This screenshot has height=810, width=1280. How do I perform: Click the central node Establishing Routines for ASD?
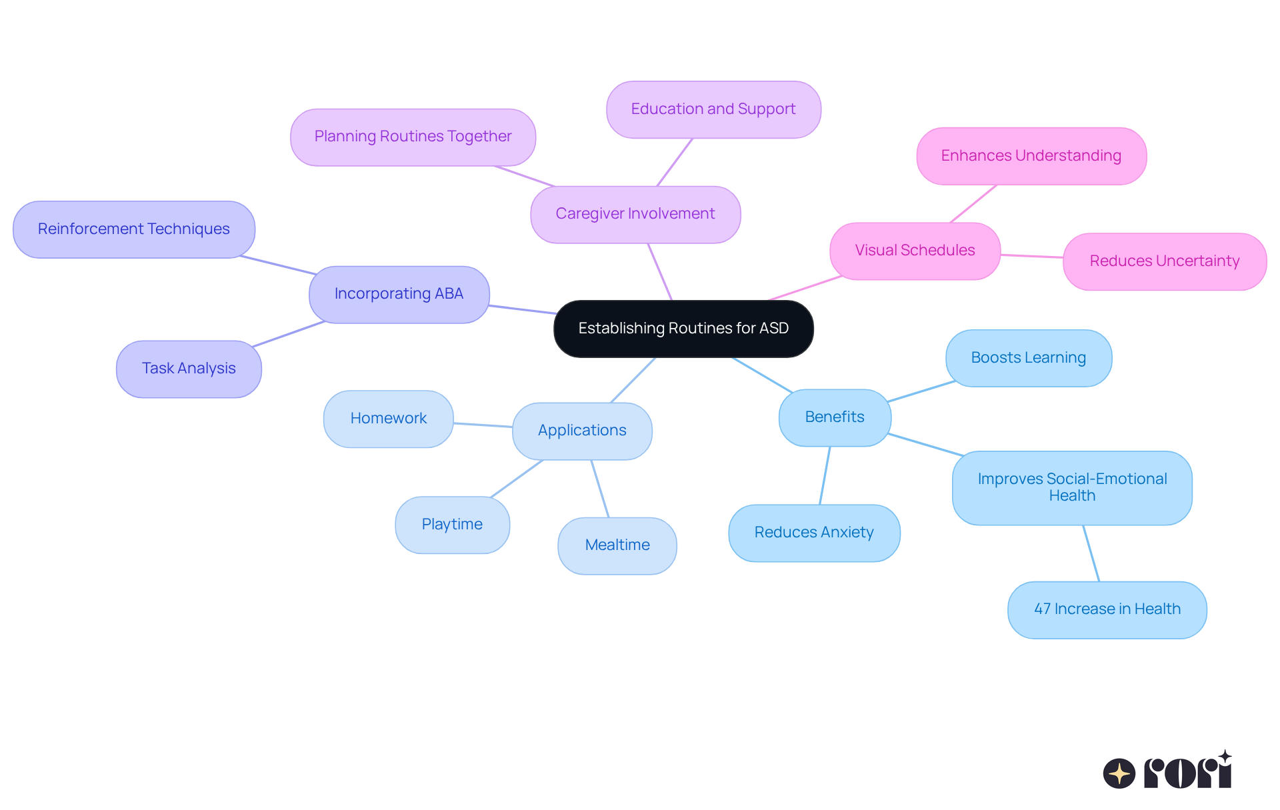(683, 329)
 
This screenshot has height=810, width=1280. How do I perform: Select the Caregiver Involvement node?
(635, 214)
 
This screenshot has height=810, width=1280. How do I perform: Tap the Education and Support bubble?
(713, 109)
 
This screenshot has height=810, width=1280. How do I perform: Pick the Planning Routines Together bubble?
(413, 137)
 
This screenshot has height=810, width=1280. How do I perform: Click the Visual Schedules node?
(915, 251)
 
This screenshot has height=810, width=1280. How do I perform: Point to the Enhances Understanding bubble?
(1031, 156)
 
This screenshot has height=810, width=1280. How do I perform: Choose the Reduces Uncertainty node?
(1164, 261)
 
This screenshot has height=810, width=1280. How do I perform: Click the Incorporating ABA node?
(399, 294)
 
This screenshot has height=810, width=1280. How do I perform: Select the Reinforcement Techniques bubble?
(133, 229)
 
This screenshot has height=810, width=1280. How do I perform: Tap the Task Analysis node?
(189, 369)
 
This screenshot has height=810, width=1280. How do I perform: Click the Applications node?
(582, 431)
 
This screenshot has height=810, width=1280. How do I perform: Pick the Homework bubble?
(388, 419)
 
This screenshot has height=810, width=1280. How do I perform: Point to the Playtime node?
(452, 525)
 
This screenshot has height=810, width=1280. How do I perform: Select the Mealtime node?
(617, 545)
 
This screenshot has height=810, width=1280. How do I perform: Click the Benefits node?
(835, 417)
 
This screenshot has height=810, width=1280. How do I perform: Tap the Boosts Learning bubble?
(1028, 358)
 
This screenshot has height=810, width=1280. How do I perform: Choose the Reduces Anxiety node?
(814, 533)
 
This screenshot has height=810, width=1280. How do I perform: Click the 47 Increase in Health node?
(1107, 609)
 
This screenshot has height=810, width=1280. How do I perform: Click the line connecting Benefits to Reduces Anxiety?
(825, 475)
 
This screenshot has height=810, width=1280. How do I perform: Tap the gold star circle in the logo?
(1119, 773)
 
